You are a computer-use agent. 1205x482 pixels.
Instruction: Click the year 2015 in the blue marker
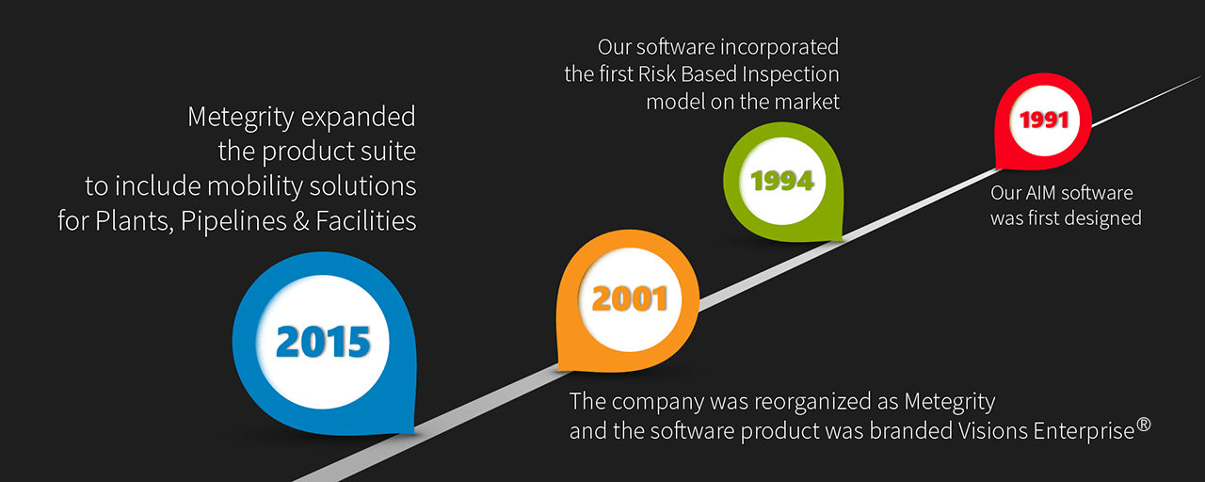pos(323,342)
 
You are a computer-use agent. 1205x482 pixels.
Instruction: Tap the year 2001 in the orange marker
pos(630,298)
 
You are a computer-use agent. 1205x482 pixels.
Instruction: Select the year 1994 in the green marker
pos(782,181)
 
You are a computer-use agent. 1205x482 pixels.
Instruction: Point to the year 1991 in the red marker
pos(1044,120)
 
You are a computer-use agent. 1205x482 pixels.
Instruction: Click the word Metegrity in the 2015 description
pos(240,118)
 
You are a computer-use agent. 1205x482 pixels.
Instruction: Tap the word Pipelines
pos(233,221)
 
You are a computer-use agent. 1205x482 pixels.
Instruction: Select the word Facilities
pos(366,220)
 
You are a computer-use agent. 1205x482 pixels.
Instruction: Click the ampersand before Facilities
pos(301,221)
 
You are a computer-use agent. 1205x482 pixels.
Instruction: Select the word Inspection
pos(791,74)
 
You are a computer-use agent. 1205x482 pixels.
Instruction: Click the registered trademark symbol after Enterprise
pos(1144,425)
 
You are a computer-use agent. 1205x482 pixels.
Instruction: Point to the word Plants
pos(135,221)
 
